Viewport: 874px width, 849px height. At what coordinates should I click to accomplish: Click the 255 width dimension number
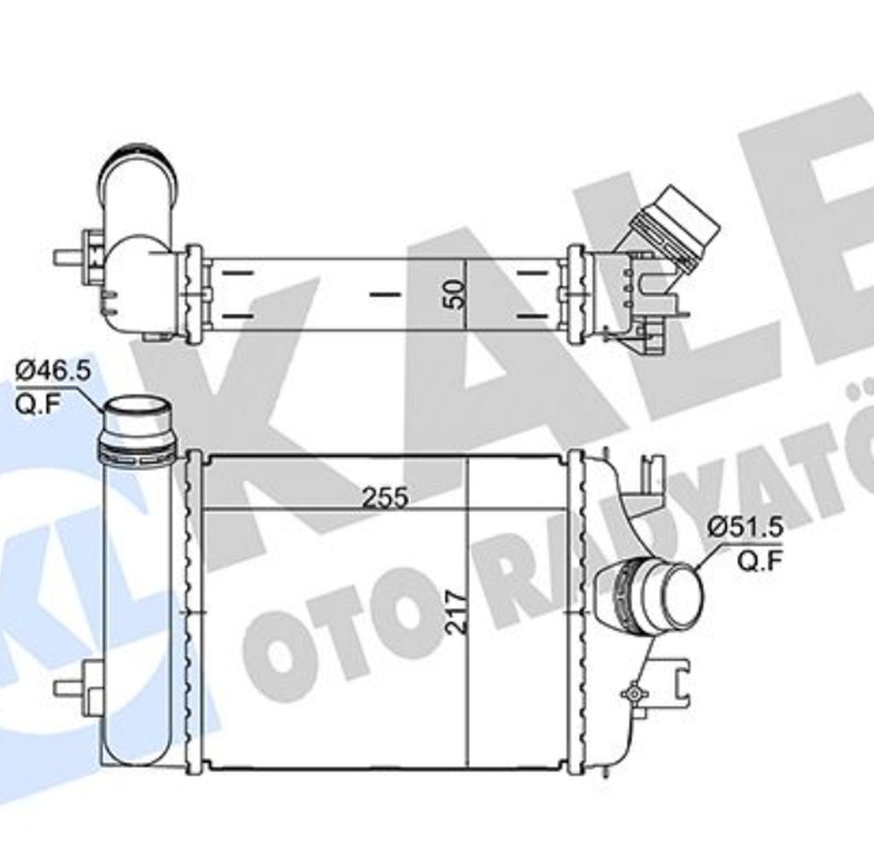click(x=385, y=497)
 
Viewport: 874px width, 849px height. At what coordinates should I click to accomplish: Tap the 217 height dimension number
click(x=457, y=611)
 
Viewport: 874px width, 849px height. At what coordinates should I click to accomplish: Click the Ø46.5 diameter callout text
click(x=52, y=370)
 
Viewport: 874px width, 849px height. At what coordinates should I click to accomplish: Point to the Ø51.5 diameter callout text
click(x=745, y=526)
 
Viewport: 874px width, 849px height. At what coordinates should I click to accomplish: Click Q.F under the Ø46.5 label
click(x=37, y=404)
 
